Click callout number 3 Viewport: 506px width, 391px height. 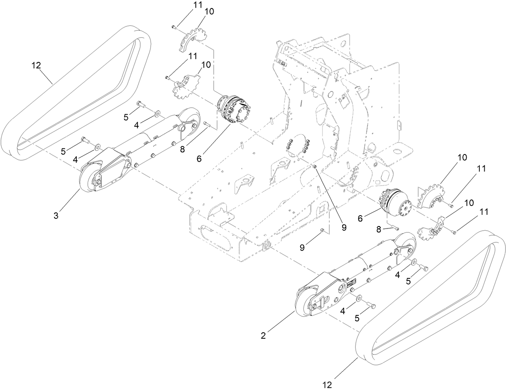pyautogui.click(x=56, y=216)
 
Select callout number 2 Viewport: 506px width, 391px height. pyautogui.click(x=263, y=335)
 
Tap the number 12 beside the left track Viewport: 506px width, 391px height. pyautogui.click(x=36, y=66)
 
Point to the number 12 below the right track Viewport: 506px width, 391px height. pyautogui.click(x=327, y=385)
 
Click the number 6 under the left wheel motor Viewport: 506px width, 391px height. pyautogui.click(x=199, y=158)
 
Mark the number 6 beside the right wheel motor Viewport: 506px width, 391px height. pyautogui.click(x=360, y=218)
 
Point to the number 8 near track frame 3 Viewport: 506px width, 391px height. pyautogui.click(x=182, y=149)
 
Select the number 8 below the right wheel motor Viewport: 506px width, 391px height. pyautogui.click(x=378, y=230)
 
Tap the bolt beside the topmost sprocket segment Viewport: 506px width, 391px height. pyautogui.click(x=174, y=27)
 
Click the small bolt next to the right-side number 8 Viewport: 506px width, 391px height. pyautogui.click(x=396, y=228)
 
